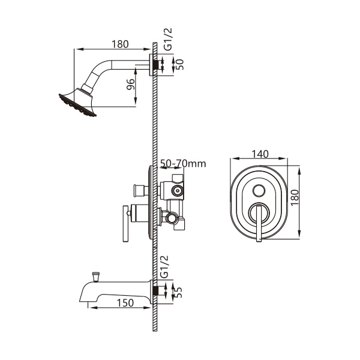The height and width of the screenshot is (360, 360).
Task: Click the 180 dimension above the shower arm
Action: [x=120, y=44]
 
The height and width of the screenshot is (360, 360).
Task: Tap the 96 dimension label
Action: [x=130, y=84]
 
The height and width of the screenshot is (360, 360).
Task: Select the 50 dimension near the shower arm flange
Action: [x=180, y=65]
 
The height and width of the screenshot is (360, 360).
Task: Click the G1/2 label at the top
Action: [x=168, y=39]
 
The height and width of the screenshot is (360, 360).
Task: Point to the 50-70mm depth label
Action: [x=183, y=163]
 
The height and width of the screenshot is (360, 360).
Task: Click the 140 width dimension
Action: [x=260, y=154]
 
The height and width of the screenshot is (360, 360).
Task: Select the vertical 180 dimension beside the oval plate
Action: [x=295, y=197]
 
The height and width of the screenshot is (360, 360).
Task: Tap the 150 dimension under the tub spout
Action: [x=125, y=303]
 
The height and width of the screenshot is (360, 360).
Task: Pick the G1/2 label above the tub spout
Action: [x=164, y=266]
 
